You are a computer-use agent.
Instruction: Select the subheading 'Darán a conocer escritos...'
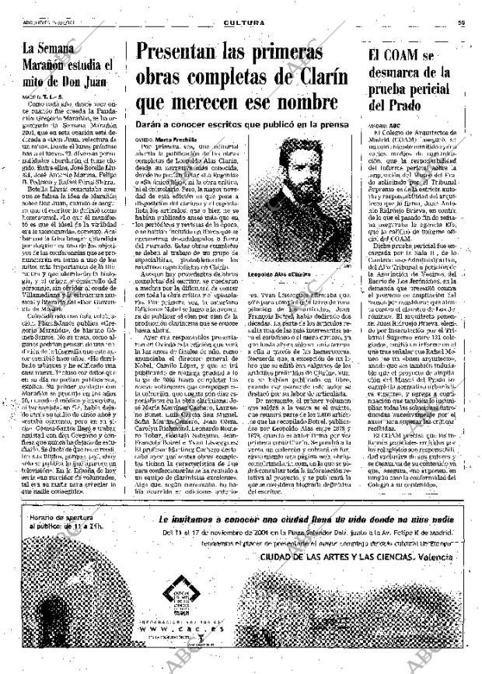(241, 123)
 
